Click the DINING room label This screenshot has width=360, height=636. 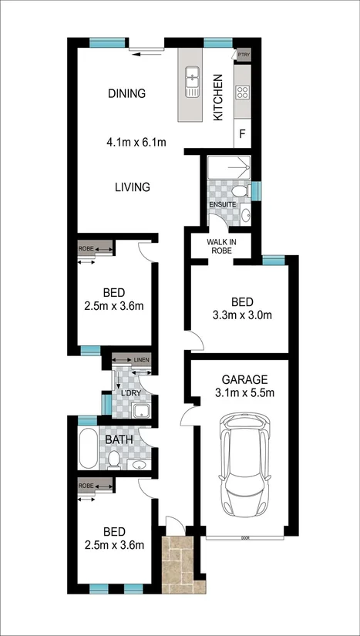126,94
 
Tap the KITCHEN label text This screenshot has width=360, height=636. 218,97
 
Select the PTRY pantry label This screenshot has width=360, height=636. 244,55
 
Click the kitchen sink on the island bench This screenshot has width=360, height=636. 192,79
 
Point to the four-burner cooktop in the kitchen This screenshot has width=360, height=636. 242,92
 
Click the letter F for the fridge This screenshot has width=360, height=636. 242,134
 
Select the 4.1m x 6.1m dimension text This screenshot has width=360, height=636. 136,142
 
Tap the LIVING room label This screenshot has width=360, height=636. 132,187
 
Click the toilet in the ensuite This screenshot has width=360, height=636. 239,190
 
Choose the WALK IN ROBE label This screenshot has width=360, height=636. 220,246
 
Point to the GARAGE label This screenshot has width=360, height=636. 244,379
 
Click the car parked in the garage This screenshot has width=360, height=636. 243,466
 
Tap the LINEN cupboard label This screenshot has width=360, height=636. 140,360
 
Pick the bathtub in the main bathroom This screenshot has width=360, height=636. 86,449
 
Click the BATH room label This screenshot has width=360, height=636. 119,440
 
